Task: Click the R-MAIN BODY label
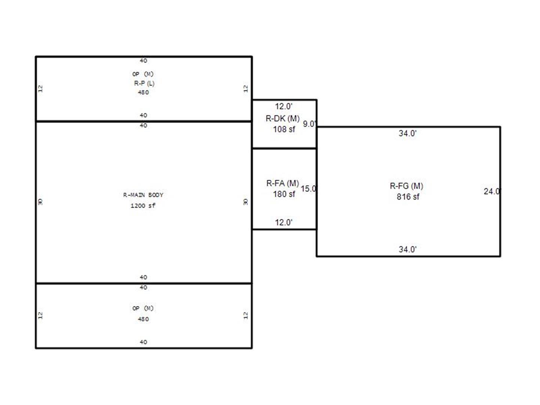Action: pyautogui.click(x=143, y=195)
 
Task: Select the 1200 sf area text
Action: pyautogui.click(x=143, y=205)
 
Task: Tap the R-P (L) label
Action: pyautogui.click(x=144, y=83)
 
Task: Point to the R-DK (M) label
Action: pyautogui.click(x=282, y=118)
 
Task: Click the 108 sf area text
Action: pyautogui.click(x=284, y=129)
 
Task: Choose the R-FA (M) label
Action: pyautogui.click(x=282, y=183)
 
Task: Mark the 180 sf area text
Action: pyautogui.click(x=284, y=194)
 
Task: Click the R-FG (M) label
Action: pyautogui.click(x=406, y=186)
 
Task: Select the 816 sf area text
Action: pyautogui.click(x=408, y=197)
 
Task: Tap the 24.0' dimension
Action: pyautogui.click(x=492, y=192)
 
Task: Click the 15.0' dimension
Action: pyautogui.click(x=309, y=189)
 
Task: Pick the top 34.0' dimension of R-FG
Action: pyautogui.click(x=408, y=133)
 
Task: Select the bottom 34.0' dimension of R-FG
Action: pyautogui.click(x=408, y=249)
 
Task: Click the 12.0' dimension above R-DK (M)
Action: pyautogui.click(x=283, y=106)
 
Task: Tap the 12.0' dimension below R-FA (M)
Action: pyautogui.click(x=283, y=222)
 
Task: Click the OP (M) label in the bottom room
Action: pyautogui.click(x=143, y=308)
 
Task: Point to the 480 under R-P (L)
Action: pyautogui.click(x=143, y=92)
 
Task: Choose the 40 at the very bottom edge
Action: pyautogui.click(x=143, y=342)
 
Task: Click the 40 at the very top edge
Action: pyautogui.click(x=143, y=61)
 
